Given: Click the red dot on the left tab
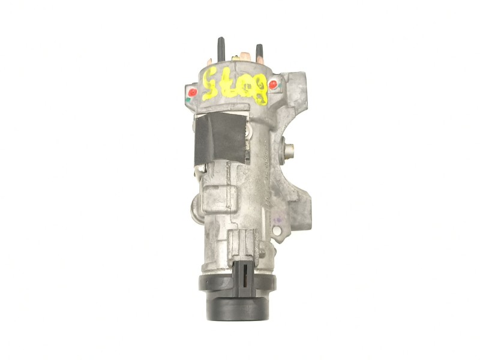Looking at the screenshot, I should [x=192, y=92].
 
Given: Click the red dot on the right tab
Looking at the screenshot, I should [x=273, y=85].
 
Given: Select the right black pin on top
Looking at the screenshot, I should [x=260, y=53].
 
